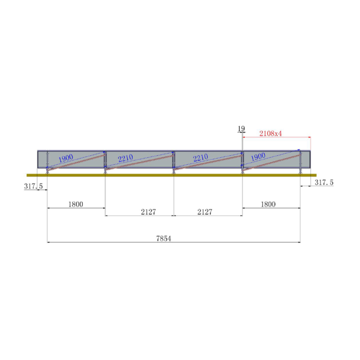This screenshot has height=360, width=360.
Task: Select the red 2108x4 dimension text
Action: tap(271, 133)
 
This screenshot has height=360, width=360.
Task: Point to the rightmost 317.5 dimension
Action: tap(324, 183)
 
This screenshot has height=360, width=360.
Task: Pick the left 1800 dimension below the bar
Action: tap(76, 204)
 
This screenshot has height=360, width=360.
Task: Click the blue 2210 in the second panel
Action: tap(129, 158)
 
